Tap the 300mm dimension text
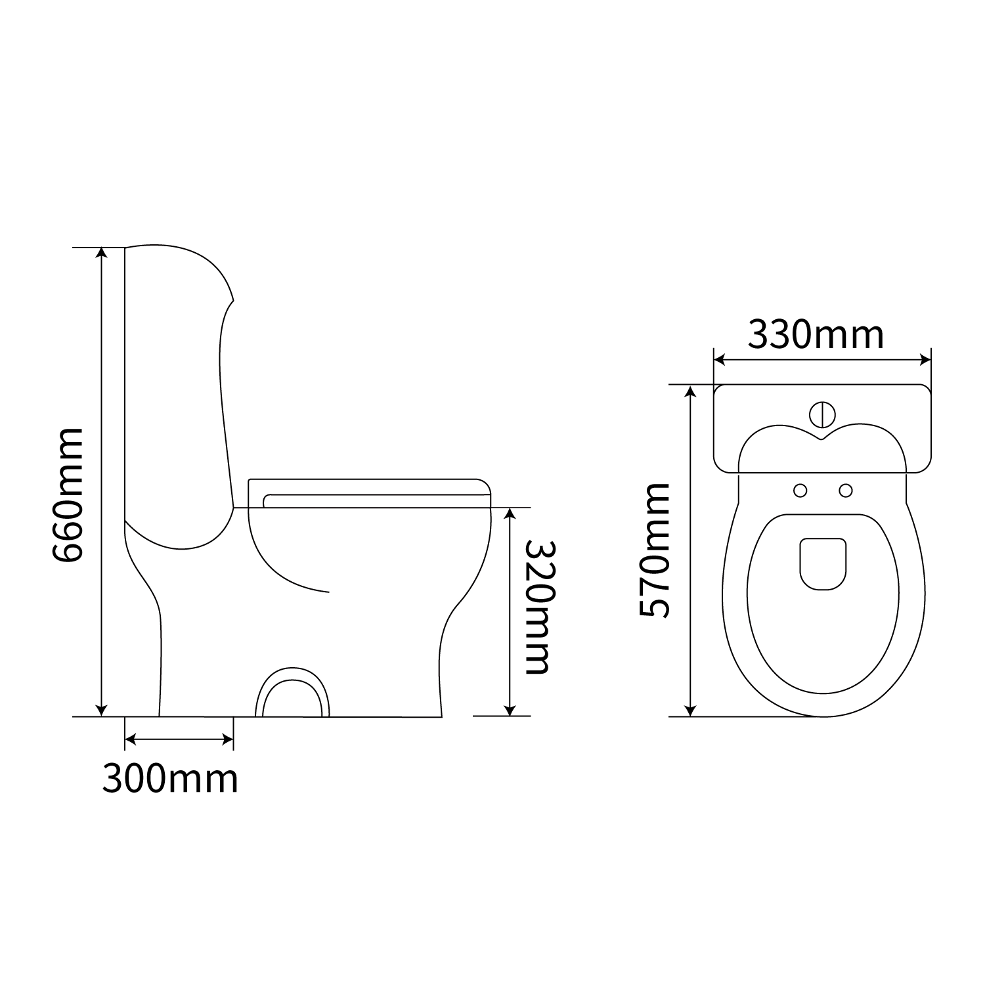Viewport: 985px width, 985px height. click(170, 779)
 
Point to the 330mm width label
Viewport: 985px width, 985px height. click(816, 334)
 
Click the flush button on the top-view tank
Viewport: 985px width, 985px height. click(822, 414)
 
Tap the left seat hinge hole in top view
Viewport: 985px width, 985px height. click(800, 490)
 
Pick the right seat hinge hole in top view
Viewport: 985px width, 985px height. click(846, 490)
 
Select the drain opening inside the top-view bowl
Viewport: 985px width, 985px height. click(823, 563)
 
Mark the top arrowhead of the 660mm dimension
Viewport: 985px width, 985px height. click(101, 253)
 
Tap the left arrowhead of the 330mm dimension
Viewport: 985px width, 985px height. click(720, 359)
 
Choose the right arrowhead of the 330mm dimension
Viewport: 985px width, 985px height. click(926, 359)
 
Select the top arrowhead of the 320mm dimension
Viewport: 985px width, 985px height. click(510, 514)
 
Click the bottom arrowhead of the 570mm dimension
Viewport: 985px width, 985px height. click(689, 709)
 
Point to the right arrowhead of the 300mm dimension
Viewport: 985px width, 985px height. click(228, 740)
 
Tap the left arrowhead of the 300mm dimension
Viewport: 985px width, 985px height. click(130, 740)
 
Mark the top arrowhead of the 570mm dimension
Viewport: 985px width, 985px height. click(689, 392)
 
